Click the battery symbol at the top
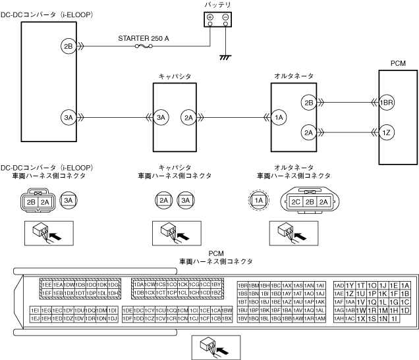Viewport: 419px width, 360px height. pyautogui.click(x=217, y=20)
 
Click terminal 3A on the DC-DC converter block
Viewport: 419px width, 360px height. pyautogui.click(x=68, y=117)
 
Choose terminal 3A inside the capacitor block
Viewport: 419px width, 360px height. pyautogui.click(x=162, y=117)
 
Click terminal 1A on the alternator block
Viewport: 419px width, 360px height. pyautogui.click(x=279, y=117)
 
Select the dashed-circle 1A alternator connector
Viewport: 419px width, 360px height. pyautogui.click(x=259, y=200)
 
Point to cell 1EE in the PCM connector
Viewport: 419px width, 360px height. pyautogui.click(x=47, y=284)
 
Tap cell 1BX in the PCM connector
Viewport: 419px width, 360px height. pyautogui.click(x=227, y=319)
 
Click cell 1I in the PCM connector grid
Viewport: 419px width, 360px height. pyautogui.click(x=394, y=319)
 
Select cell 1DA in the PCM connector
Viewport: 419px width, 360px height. pyautogui.click(x=138, y=284)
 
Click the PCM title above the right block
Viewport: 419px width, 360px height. pyautogui.click(x=397, y=64)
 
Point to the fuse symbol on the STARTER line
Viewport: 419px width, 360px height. pyautogui.click(x=140, y=47)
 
